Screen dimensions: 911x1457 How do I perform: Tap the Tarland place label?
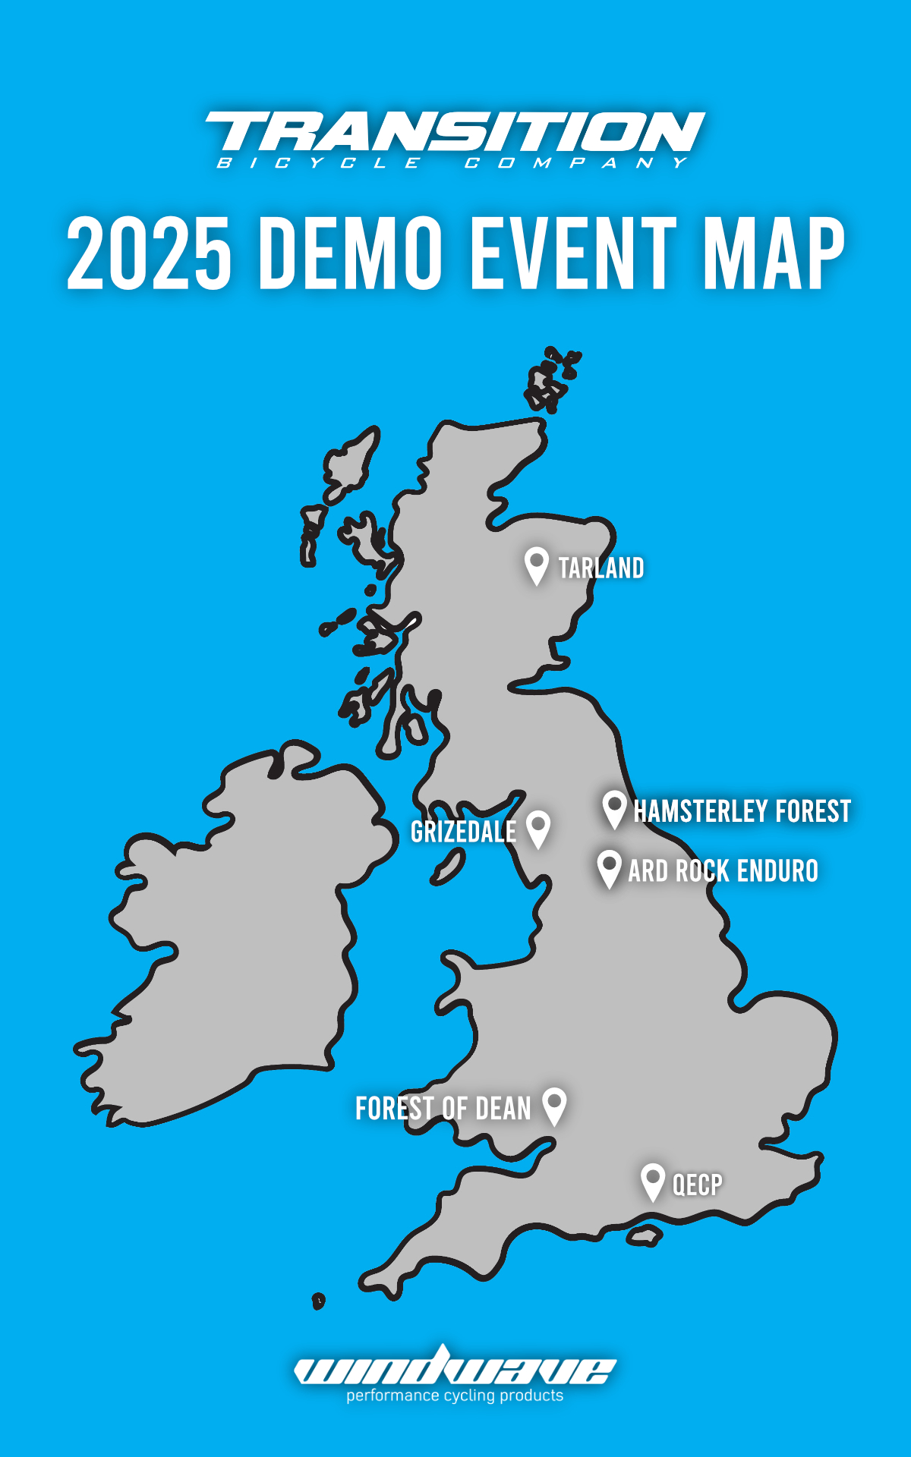[601, 568]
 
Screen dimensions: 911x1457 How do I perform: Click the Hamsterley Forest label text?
[742, 811]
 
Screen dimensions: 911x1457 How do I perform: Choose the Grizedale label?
[463, 832]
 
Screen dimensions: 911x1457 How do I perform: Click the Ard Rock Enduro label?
[723, 871]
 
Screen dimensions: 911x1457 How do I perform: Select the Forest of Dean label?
[443, 1109]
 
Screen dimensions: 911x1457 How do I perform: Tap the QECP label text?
[698, 1185]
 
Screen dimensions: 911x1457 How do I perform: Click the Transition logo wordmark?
[455, 132]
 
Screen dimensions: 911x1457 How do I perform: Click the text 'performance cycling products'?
[455, 1396]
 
